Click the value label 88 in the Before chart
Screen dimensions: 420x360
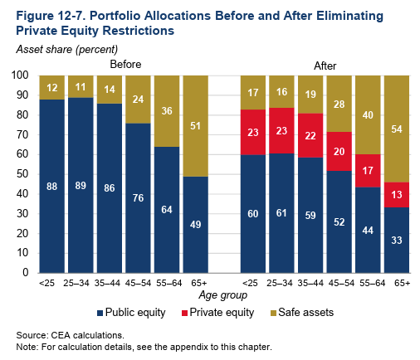51,187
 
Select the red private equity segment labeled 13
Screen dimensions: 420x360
397,195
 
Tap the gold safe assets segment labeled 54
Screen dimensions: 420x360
397,129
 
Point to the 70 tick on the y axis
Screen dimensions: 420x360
22,134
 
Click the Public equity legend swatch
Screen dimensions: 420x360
100,313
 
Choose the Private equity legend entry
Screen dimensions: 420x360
217,313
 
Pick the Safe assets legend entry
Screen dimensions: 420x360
302,313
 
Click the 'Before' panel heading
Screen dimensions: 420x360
125,65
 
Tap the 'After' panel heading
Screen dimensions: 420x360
325,66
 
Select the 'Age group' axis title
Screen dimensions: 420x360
223,295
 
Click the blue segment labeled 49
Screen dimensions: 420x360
196,225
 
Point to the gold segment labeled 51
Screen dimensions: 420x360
196,126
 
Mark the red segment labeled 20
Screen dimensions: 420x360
339,151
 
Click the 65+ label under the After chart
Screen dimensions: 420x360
403,283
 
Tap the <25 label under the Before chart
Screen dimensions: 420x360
47,283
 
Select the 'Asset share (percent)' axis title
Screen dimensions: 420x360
67,50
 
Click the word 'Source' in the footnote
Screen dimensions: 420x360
32,335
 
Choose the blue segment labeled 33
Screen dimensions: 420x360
397,241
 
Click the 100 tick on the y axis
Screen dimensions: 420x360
20,75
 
